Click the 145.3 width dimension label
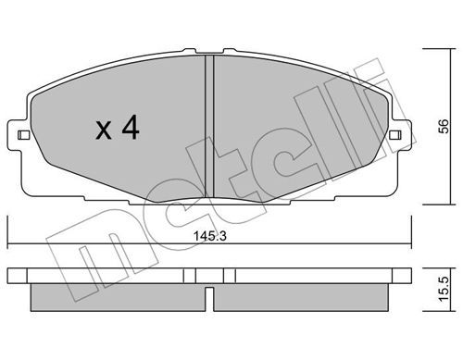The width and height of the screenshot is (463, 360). (x=209, y=236)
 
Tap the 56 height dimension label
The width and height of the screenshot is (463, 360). (x=444, y=126)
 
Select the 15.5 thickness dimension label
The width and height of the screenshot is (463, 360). (x=444, y=289)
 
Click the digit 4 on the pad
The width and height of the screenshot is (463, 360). (x=131, y=127)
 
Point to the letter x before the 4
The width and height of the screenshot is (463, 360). (x=104, y=130)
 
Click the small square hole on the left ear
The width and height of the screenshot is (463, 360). (x=23, y=135)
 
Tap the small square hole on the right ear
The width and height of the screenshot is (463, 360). (x=395, y=135)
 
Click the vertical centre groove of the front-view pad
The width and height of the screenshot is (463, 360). (x=209, y=127)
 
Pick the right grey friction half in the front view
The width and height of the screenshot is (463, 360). (x=299, y=128)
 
